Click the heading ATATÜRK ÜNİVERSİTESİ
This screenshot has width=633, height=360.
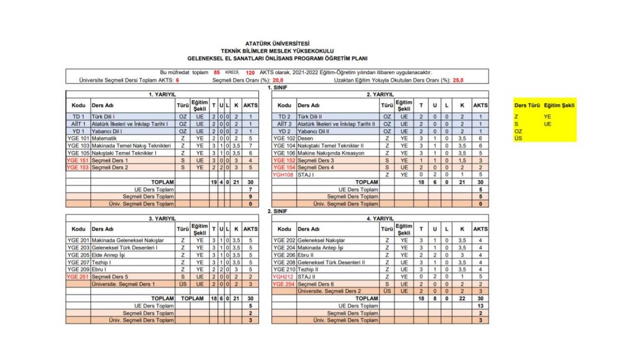coord(281,43)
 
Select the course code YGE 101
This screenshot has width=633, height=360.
coord(78,138)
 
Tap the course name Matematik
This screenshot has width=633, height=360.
coord(105,138)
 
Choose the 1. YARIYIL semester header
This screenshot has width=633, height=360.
coord(163,94)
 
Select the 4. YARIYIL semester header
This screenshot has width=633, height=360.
coord(380,218)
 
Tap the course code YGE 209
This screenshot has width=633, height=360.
coord(78,269)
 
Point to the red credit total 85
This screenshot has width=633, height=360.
coord(216,72)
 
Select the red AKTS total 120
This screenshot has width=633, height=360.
coord(250,72)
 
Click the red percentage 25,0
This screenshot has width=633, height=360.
coord(458,80)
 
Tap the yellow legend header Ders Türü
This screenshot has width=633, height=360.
coord(526,105)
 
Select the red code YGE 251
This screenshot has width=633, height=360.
coord(78,276)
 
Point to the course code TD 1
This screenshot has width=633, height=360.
coord(78,116)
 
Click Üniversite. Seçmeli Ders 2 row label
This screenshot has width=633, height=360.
coord(329,291)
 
